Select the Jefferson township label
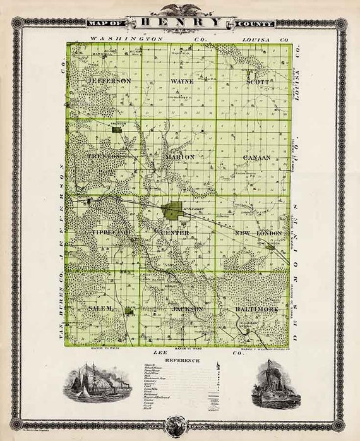(x=111, y=82)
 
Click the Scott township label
(x=257, y=82)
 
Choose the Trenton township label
(x=104, y=155)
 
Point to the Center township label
(x=175, y=233)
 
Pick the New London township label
(x=258, y=233)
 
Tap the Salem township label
(x=100, y=308)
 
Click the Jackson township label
(x=188, y=309)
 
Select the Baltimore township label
(x=256, y=309)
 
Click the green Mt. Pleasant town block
(x=171, y=211)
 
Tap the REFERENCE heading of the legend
(x=181, y=361)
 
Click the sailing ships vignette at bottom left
(x=92, y=382)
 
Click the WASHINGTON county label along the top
(x=126, y=39)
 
